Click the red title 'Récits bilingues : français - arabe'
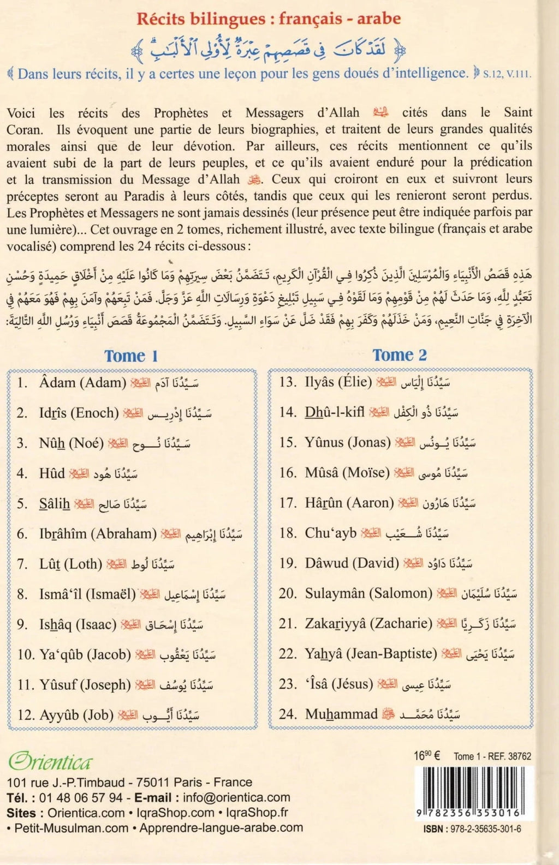tap(269, 19)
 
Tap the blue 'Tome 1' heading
tap(131, 356)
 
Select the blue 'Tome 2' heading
tap(399, 355)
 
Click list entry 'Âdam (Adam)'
tap(82, 383)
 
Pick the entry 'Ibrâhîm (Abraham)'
tap(98, 533)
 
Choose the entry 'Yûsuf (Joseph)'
tap(85, 684)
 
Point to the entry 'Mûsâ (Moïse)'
tap(347, 472)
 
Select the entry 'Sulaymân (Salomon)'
tap(368, 593)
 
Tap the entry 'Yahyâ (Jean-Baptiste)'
tap(371, 653)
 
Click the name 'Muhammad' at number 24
tap(341, 714)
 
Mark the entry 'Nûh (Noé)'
tap(71, 443)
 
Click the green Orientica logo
tap(50, 761)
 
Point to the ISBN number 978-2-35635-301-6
tap(472, 829)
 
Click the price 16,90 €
tap(427, 756)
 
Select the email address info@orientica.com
tap(236, 797)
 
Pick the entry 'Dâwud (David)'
tap(352, 563)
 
